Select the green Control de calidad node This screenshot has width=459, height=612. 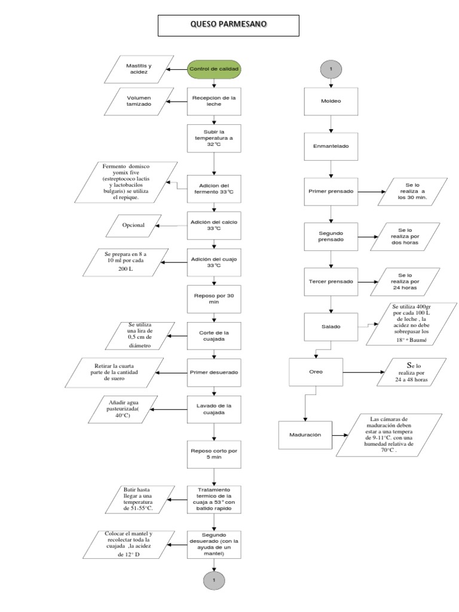[214, 69]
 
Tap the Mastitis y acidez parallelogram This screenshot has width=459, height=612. [139, 69]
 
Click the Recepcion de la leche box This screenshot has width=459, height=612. [214, 101]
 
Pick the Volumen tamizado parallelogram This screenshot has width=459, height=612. [139, 101]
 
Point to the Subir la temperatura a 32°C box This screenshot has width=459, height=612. [214, 139]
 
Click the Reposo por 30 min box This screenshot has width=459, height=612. [214, 298]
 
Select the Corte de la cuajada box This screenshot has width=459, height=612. [214, 336]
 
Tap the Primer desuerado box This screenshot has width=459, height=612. [214, 372]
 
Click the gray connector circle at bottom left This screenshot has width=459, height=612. [214, 580]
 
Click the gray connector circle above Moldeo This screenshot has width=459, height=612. [331, 69]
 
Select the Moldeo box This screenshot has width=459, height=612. [331, 101]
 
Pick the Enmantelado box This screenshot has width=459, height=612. [331, 145]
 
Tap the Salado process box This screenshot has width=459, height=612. [331, 327]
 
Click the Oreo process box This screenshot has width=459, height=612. [316, 372]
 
